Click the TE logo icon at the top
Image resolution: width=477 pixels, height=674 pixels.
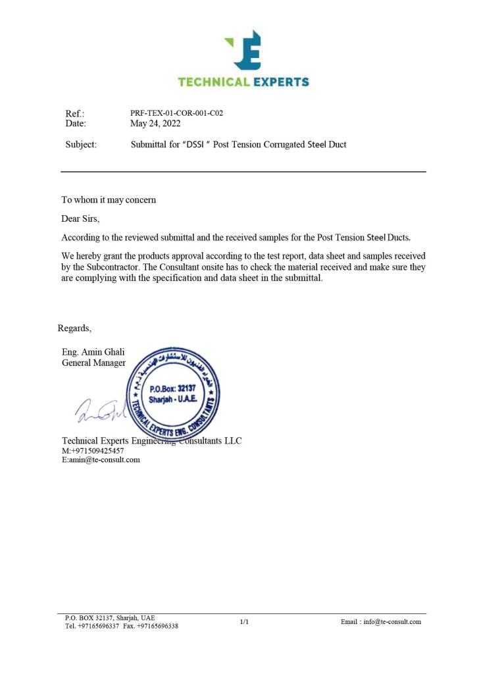tap(244, 49)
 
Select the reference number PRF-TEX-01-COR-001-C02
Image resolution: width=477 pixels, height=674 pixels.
tap(176, 113)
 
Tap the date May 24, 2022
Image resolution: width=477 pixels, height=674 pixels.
tap(155, 123)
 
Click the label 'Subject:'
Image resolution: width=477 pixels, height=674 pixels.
tap(81, 145)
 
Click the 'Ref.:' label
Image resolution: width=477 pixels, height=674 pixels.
tap(75, 114)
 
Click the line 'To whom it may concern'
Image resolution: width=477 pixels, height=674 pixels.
tap(109, 199)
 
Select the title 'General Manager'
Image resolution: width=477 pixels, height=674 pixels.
tap(93, 363)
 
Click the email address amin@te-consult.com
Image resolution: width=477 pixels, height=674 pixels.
tap(104, 460)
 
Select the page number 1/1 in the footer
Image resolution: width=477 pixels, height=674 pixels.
tap(244, 621)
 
